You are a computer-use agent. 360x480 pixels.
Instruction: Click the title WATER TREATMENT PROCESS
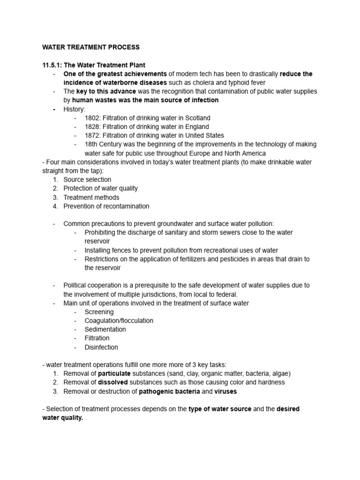[91, 47]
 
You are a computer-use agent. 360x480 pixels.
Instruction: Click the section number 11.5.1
[53, 65]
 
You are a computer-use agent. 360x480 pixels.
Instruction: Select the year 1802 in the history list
[93, 118]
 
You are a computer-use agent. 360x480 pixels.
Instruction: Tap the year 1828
[93, 127]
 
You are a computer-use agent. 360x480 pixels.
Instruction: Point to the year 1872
[93, 135]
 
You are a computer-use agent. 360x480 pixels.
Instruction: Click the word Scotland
[198, 118]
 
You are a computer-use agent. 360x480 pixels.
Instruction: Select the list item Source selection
[87, 180]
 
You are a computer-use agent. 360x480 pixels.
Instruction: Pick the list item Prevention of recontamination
[106, 206]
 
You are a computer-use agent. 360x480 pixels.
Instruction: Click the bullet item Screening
[99, 312]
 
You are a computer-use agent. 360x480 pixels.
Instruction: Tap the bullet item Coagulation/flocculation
[119, 321]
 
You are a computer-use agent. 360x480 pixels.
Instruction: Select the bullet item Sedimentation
[105, 330]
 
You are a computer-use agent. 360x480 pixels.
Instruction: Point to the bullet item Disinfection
[101, 347]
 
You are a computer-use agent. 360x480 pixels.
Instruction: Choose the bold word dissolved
[113, 382]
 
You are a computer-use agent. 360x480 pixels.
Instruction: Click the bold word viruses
[226, 391]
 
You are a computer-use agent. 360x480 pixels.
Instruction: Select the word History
[74, 109]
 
